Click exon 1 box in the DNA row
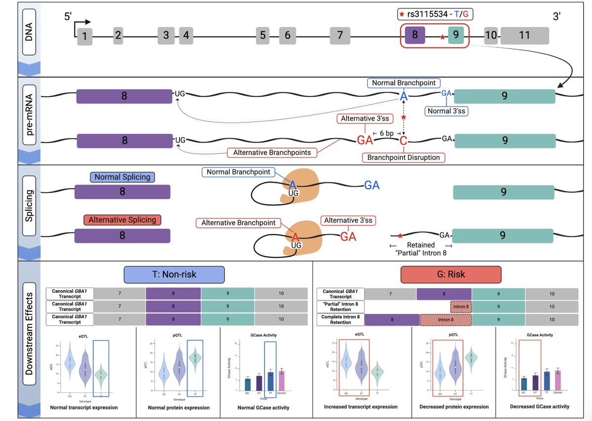85,36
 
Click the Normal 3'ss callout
446,111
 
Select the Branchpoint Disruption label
404,158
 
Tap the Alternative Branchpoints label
272,153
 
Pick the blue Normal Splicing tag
122,177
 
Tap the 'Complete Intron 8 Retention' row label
341,319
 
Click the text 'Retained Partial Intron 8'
420,249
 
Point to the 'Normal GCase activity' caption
257,408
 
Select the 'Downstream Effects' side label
29,340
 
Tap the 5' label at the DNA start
68,16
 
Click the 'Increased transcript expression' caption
361,407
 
